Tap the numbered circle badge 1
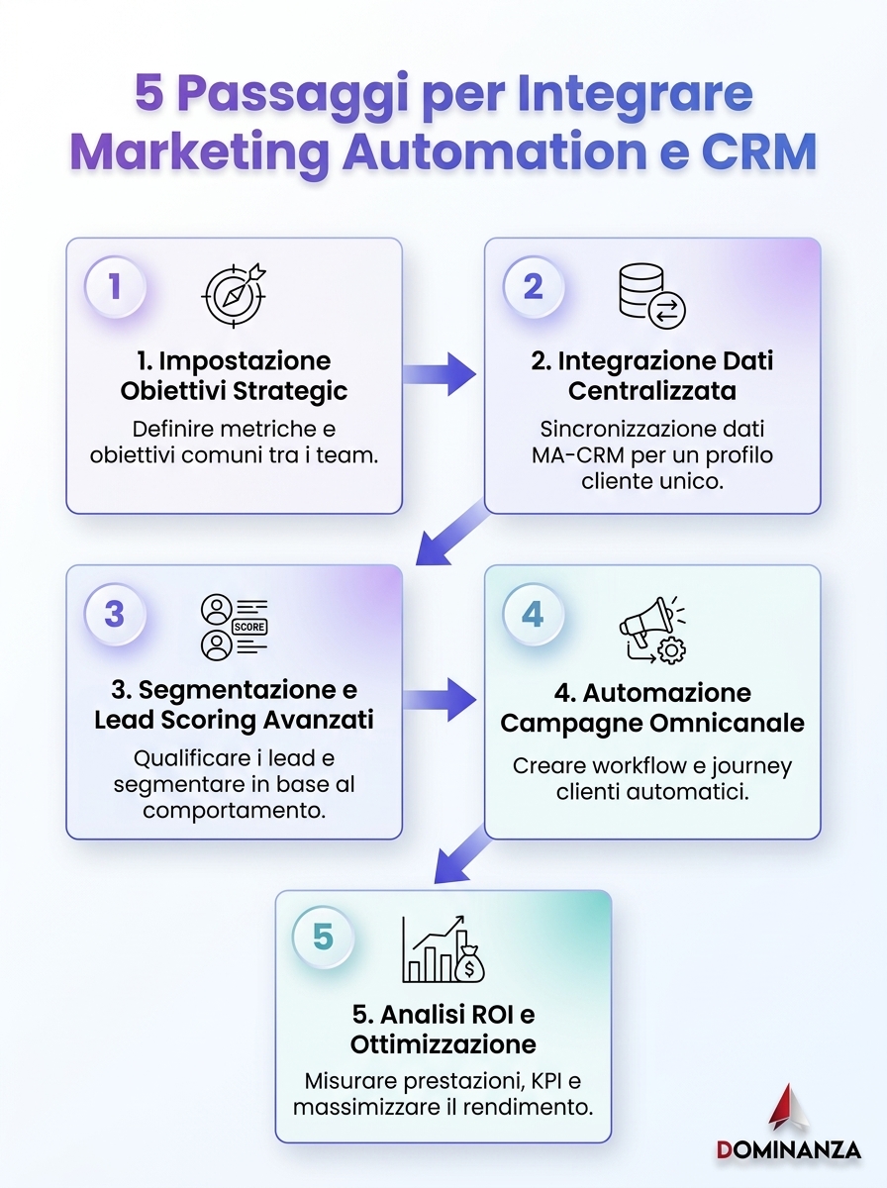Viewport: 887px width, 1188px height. [x=115, y=286]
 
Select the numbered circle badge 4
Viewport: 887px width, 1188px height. [x=534, y=614]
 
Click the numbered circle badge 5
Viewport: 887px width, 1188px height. [x=323, y=937]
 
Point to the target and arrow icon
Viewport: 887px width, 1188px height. [x=234, y=295]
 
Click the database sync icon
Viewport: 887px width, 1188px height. [x=652, y=296]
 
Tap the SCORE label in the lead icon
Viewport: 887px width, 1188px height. [x=248, y=627]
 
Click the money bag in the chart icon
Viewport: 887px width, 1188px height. [x=468, y=964]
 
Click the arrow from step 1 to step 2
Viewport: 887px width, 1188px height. [x=440, y=374]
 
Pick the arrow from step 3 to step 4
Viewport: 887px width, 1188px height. [x=440, y=700]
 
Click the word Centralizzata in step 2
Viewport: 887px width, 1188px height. [x=652, y=391]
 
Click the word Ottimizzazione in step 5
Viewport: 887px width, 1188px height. [x=443, y=1044]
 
